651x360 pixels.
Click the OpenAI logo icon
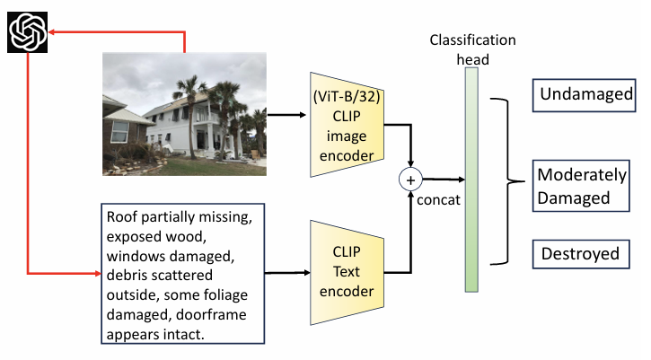coord(27,33)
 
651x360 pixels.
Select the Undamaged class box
coord(586,93)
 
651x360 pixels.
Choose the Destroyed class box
coord(580,254)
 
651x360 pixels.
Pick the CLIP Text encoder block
coord(346,271)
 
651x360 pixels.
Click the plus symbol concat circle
coord(410,180)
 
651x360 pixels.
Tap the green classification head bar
coord(471,180)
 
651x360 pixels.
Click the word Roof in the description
coord(122,218)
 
